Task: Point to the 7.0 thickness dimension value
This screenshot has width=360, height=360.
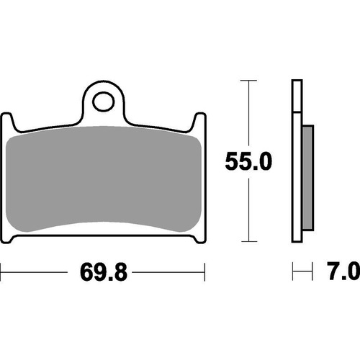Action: (343, 273)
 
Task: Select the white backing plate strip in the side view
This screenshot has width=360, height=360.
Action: (297, 166)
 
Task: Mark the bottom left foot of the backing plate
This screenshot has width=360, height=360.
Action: (12, 237)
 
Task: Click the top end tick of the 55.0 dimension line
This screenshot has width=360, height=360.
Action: (249, 81)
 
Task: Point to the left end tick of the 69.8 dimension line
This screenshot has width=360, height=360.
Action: (2, 273)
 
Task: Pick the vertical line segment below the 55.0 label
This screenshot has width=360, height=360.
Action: (249, 209)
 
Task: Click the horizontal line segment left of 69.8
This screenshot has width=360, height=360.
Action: (36, 273)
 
